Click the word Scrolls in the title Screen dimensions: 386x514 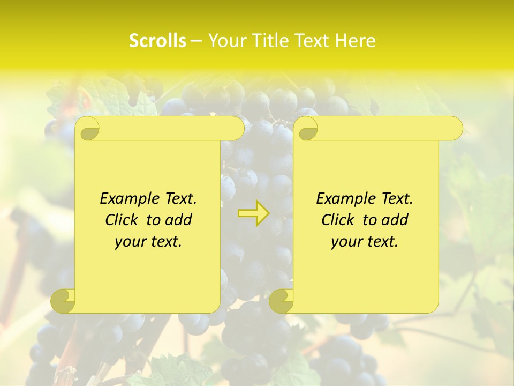[157, 41]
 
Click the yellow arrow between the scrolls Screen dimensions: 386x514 [253, 213]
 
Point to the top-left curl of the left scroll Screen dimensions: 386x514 [87, 129]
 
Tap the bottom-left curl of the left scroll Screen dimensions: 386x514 [63, 301]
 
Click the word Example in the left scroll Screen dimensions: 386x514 [127, 198]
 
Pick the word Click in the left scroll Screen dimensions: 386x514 [123, 220]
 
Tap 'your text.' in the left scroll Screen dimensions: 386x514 [148, 241]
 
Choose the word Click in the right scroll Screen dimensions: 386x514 [339, 220]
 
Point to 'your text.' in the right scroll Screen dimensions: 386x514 [365, 241]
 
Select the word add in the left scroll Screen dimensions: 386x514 [179, 220]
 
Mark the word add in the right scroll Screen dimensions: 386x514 [396, 220]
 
